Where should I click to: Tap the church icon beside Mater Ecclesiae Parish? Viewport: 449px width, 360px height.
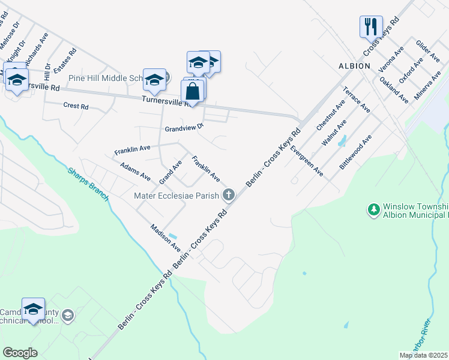228,194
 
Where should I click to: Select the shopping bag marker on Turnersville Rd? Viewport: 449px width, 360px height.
192,92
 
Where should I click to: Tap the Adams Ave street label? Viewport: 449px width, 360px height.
135,171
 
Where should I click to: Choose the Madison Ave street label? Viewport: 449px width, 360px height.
166,238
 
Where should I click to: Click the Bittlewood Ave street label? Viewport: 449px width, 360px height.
355,152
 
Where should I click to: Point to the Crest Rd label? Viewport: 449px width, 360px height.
76,106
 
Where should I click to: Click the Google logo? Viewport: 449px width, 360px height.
20,353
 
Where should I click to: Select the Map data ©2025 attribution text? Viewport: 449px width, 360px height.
423,355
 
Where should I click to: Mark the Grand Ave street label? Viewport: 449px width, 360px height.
170,172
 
